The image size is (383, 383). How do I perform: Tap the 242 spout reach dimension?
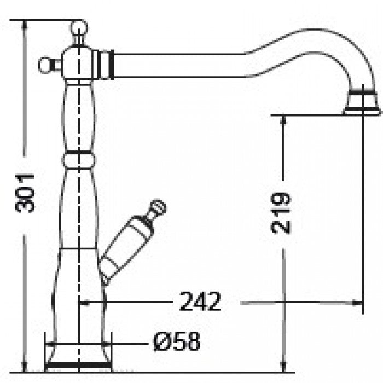(200, 301)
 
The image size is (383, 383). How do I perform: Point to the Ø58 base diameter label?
(177, 342)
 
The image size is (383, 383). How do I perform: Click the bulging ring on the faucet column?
(79, 160)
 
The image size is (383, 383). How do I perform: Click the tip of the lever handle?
(158, 207)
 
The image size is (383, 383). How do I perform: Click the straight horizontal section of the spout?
(175, 65)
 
